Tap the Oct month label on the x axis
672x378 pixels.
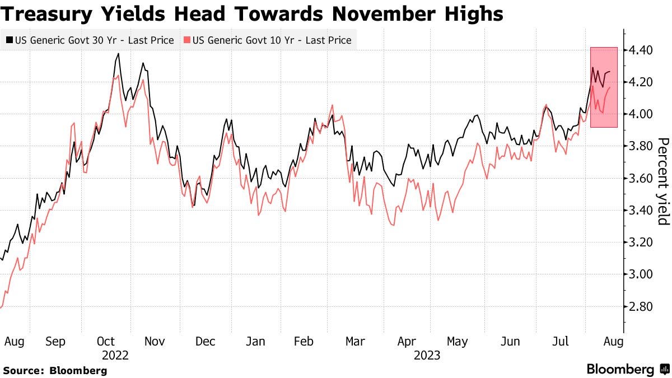tap(106, 341)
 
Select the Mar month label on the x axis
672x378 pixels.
tap(355, 341)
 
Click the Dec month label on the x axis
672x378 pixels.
tap(206, 341)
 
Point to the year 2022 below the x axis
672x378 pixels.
tap(115, 355)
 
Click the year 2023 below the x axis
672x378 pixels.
tap(427, 355)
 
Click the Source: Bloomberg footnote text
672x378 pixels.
tap(55, 370)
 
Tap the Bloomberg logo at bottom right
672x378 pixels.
tap(627, 370)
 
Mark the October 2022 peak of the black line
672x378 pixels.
tap(118, 54)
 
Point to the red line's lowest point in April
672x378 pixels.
tap(393, 225)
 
